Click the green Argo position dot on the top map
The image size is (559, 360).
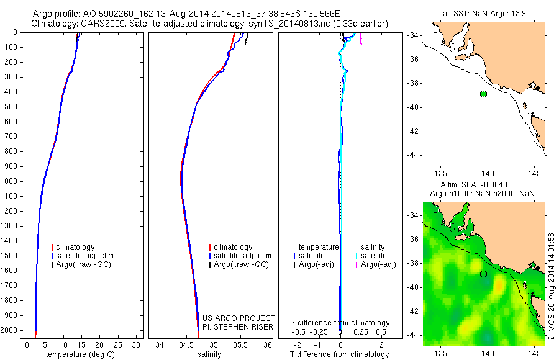coord(483,94)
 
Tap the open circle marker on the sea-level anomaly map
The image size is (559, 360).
coord(483,274)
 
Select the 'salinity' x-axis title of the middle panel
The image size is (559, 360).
coord(209,354)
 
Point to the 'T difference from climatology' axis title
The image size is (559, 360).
coord(339,354)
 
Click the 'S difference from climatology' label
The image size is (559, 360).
coord(340,323)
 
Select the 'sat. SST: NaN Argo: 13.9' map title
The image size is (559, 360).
coord(483,12)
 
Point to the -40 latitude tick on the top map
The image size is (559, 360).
coord(412,107)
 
